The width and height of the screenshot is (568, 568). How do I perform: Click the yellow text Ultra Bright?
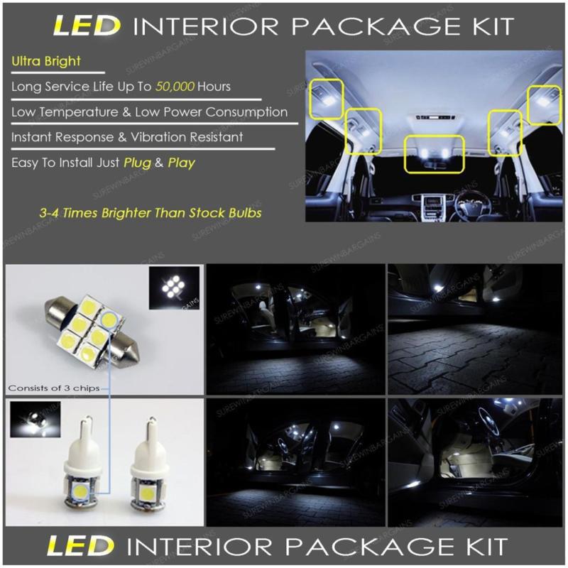[x=46, y=61]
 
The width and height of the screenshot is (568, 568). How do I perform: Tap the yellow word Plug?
[x=136, y=163]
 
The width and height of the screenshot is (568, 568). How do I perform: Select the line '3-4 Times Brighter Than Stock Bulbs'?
[x=151, y=212]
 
